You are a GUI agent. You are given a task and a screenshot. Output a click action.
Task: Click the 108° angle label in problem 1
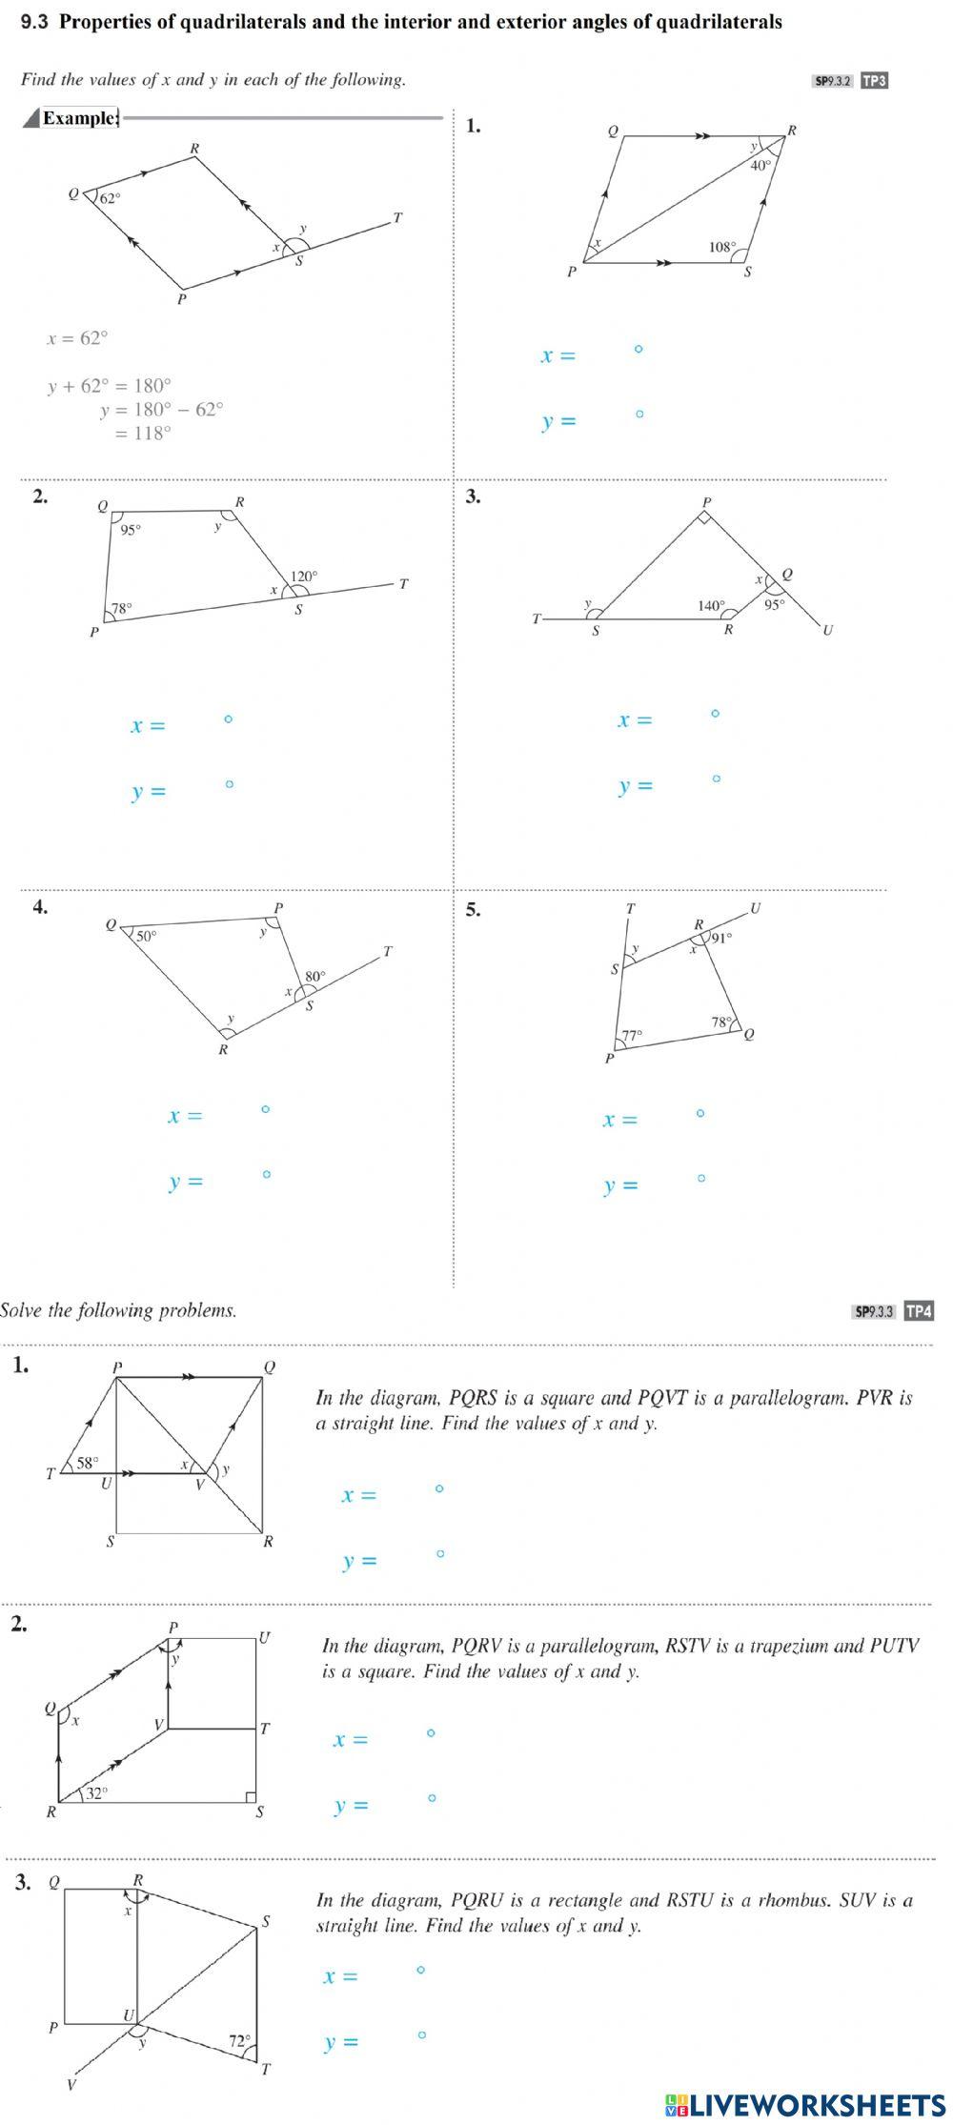pos(722,247)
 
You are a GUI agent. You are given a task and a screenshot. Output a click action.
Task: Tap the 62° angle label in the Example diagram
pos(111,198)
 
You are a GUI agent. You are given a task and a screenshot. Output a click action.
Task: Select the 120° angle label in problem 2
pos(304,577)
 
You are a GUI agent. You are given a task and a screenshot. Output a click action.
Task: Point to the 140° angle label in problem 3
pos(711,605)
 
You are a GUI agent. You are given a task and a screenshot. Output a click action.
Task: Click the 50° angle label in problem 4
pos(146,936)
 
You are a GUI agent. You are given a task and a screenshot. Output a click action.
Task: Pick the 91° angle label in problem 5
pos(721,938)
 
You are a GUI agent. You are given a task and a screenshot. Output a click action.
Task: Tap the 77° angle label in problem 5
pos(633,1035)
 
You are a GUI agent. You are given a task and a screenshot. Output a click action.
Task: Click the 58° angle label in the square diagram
pos(88,1463)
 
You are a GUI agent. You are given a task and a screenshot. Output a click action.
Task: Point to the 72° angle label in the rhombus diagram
pos(238,2041)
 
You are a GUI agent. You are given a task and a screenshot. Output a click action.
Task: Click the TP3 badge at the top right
pos(874,81)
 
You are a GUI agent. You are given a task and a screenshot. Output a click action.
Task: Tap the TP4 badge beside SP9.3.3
pos(919,1311)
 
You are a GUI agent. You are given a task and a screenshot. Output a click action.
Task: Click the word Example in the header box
pos(79,118)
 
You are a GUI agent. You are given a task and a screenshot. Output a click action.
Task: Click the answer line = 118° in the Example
pos(143,434)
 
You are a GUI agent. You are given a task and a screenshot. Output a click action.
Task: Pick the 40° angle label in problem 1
pos(760,165)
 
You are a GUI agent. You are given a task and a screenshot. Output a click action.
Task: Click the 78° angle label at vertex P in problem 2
pos(122,608)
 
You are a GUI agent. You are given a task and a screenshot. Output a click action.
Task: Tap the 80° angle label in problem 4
pos(314,977)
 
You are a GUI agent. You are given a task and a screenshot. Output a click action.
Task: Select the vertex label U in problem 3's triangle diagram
pos(827,630)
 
